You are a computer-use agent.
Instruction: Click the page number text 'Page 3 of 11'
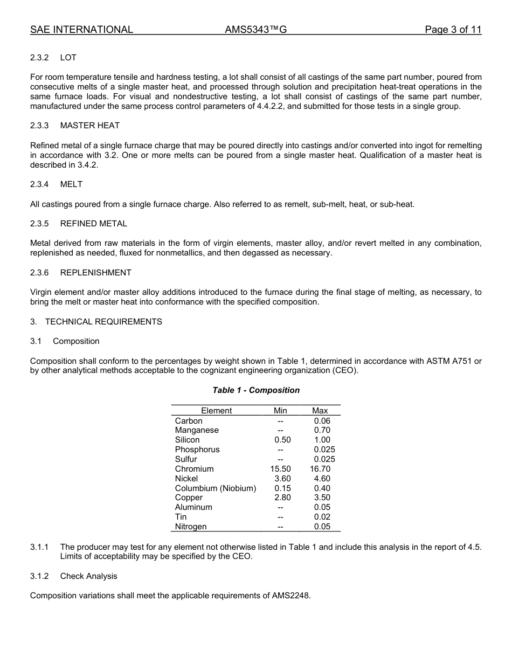453,30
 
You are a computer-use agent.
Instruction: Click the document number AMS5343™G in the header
255,30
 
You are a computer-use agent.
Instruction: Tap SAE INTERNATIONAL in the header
81,30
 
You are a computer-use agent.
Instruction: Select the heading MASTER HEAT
89,126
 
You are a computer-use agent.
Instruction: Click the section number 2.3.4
39,184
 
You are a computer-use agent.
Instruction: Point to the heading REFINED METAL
93,224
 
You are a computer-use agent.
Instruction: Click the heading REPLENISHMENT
95,273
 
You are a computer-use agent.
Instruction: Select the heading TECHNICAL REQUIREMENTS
103,322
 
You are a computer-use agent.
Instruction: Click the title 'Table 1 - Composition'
256,390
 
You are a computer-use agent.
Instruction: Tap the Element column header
216,411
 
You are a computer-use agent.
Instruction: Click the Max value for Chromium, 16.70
320,469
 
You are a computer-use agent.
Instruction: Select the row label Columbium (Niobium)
215,488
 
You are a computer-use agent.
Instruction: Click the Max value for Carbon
322,421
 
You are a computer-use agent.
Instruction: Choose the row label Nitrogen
190,527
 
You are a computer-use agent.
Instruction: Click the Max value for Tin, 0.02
322,517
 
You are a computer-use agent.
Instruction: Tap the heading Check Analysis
88,576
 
